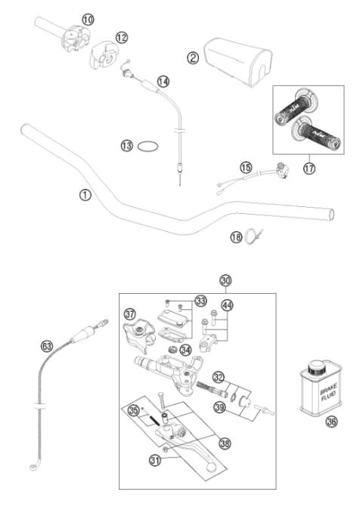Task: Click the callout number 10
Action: coord(88,19)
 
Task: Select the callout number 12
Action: coord(122,37)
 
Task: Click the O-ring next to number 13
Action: coord(147,147)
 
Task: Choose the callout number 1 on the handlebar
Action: coord(85,195)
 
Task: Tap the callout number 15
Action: coord(244,167)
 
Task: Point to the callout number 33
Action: coord(200,301)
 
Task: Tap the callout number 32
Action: coord(219,376)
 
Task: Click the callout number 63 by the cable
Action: coord(47,346)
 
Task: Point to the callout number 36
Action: coord(330,422)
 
